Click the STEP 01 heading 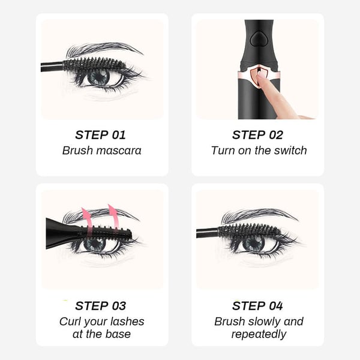(100, 135)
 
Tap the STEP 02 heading (257, 135)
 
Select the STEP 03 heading (100, 306)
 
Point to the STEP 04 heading (257, 306)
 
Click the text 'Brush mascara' (101, 151)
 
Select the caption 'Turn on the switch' (259, 151)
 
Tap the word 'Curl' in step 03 (71, 322)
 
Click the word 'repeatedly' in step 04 (259, 335)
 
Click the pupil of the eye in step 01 (98, 77)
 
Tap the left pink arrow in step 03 (88, 217)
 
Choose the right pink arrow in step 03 (113, 215)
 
